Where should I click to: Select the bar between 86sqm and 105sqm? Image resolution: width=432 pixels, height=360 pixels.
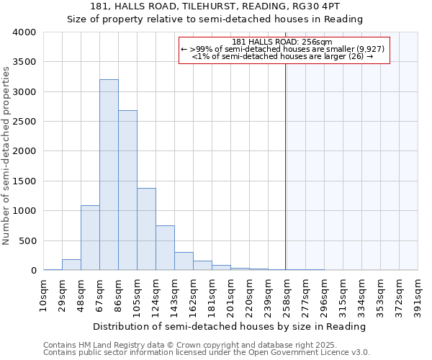[127, 190]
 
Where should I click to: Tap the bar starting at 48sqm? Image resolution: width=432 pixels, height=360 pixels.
[90, 238]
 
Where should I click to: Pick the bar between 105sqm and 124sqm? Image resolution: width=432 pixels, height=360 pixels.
[146, 229]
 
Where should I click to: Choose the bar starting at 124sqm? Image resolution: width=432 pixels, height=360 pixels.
[165, 248]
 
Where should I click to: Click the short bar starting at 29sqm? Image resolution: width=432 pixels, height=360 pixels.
[71, 265]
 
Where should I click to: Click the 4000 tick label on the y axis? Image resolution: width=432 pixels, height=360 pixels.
[24, 33]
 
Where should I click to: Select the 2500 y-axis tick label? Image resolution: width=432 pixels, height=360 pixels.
[24, 122]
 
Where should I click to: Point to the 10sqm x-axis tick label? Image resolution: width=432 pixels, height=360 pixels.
[44, 293]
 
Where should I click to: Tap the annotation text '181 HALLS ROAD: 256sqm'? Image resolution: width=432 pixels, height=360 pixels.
[282, 42]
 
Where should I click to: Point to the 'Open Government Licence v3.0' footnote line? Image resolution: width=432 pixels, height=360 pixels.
[207, 353]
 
